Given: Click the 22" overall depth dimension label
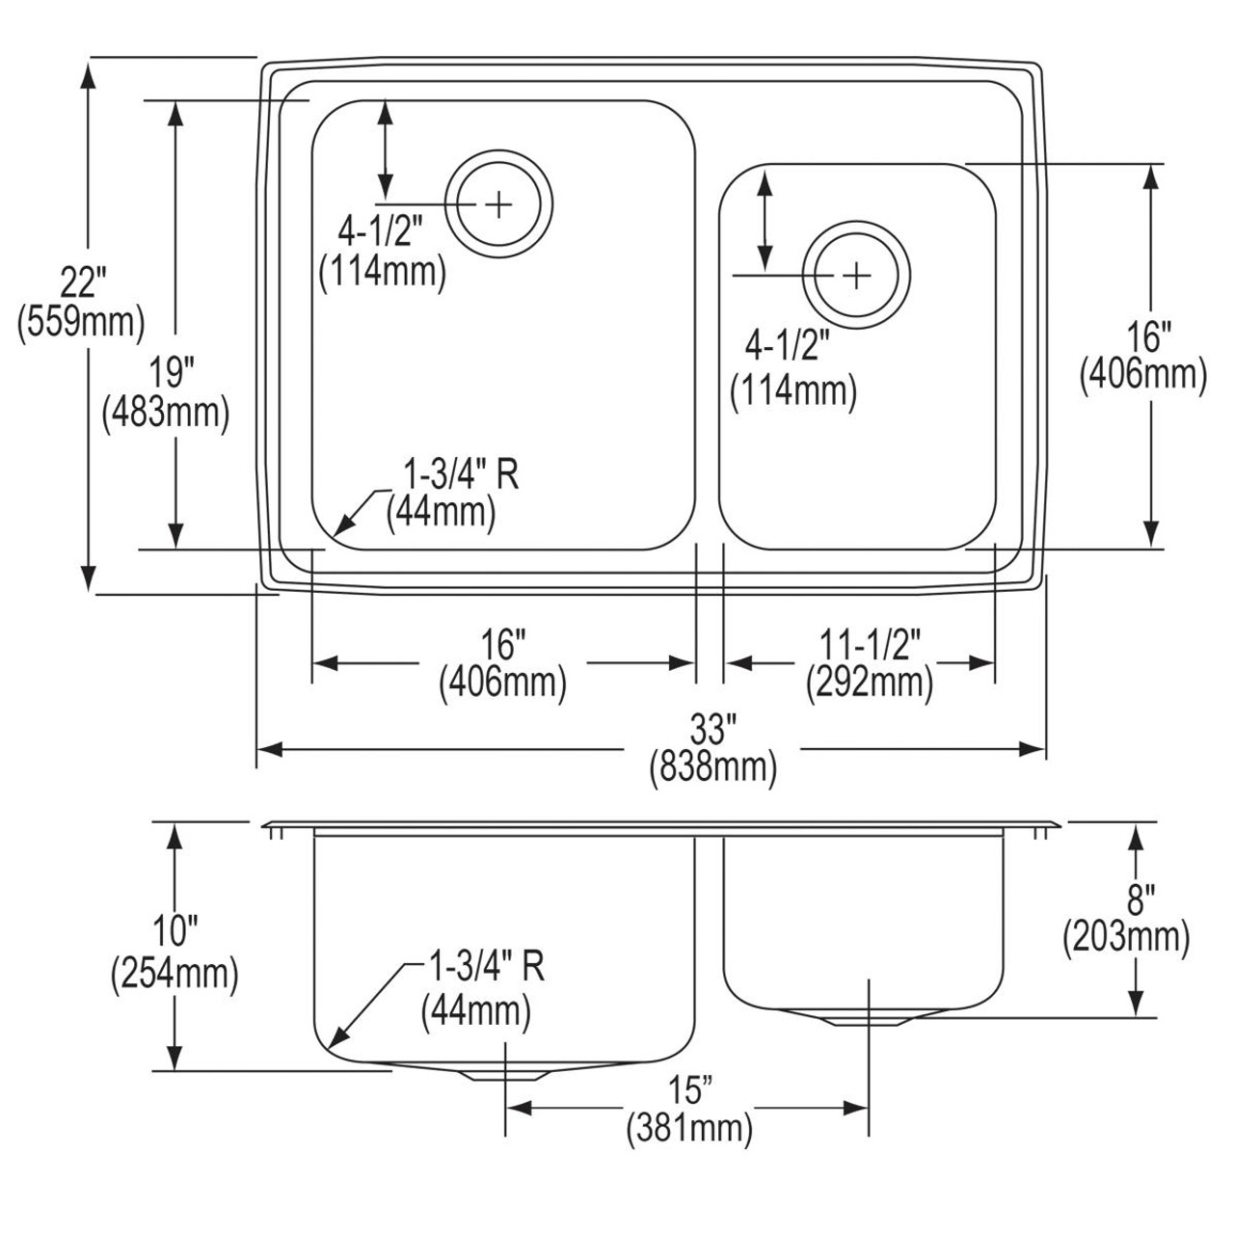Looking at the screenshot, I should [x=80, y=302].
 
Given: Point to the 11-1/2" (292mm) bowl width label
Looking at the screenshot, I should [x=870, y=663].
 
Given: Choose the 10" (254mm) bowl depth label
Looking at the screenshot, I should [x=174, y=954].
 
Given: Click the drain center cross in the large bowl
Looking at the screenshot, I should [x=499, y=203].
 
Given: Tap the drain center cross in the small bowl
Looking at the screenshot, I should [x=856, y=277].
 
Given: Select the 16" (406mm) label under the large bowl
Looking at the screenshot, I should [x=502, y=663].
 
